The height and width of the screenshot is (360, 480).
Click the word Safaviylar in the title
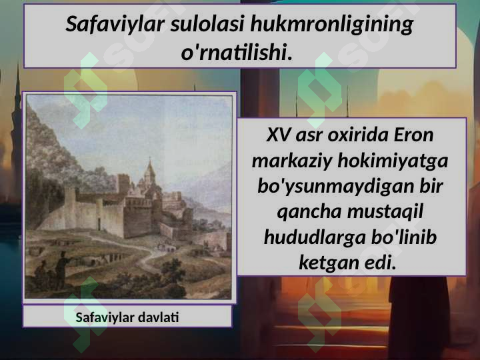click(115, 25)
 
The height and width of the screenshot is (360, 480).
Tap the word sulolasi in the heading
click(207, 24)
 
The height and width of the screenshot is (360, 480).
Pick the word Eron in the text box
click(413, 135)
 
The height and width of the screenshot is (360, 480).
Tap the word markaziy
click(292, 161)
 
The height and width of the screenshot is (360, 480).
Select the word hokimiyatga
click(393, 161)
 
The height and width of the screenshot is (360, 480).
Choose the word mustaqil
click(385, 212)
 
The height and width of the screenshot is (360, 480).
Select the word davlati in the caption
click(158, 317)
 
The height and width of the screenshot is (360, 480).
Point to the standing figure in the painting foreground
click(62, 269)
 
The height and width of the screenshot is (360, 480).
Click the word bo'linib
click(404, 237)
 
